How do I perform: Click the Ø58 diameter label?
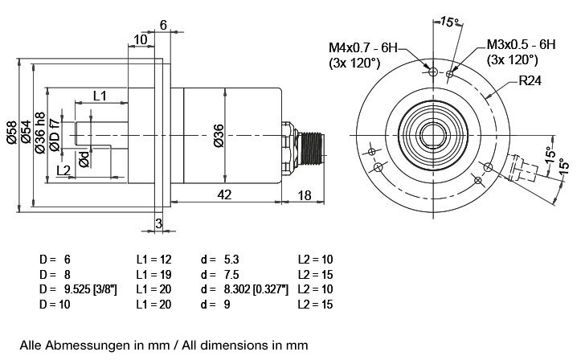[11, 133]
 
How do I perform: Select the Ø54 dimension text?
[26, 132]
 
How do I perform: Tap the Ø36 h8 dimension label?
[39, 133]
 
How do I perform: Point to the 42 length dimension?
[224, 194]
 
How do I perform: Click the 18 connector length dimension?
[305, 195]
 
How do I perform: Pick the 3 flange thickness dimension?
[159, 223]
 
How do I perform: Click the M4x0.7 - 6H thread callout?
[363, 47]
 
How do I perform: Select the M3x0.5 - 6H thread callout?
[521, 44]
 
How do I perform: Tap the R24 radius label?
[530, 80]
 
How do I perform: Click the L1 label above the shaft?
[100, 96]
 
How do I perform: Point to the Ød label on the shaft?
[84, 159]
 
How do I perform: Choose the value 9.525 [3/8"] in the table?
[88, 289]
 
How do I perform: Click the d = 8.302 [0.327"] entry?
[244, 289]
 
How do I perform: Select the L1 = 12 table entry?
[153, 260]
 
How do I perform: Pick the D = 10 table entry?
[55, 305]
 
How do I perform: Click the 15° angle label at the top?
[449, 22]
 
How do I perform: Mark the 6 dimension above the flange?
[163, 25]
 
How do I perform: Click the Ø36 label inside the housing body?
[219, 136]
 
